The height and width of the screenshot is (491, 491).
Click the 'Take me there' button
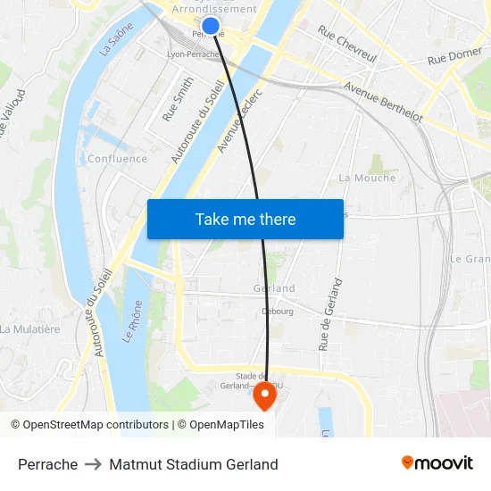click(x=245, y=220)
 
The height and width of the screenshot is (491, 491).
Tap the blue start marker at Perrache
click(x=211, y=26)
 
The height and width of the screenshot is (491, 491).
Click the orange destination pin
click(x=265, y=395)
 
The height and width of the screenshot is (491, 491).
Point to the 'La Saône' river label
click(x=116, y=40)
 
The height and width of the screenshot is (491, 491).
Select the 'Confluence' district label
click(x=117, y=159)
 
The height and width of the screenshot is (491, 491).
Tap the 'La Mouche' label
click(x=367, y=178)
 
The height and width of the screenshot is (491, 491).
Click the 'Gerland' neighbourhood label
click(x=274, y=288)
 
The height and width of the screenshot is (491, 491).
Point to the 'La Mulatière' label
click(x=30, y=329)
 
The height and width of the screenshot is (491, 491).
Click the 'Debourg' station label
click(x=277, y=312)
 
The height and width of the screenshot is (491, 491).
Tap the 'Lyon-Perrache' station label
click(x=193, y=54)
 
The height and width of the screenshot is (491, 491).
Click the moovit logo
click(x=437, y=463)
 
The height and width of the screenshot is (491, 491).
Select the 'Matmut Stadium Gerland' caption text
click(x=194, y=464)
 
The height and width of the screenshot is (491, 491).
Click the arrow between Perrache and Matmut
click(x=94, y=464)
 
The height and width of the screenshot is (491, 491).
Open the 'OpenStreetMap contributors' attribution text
click(x=96, y=425)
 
